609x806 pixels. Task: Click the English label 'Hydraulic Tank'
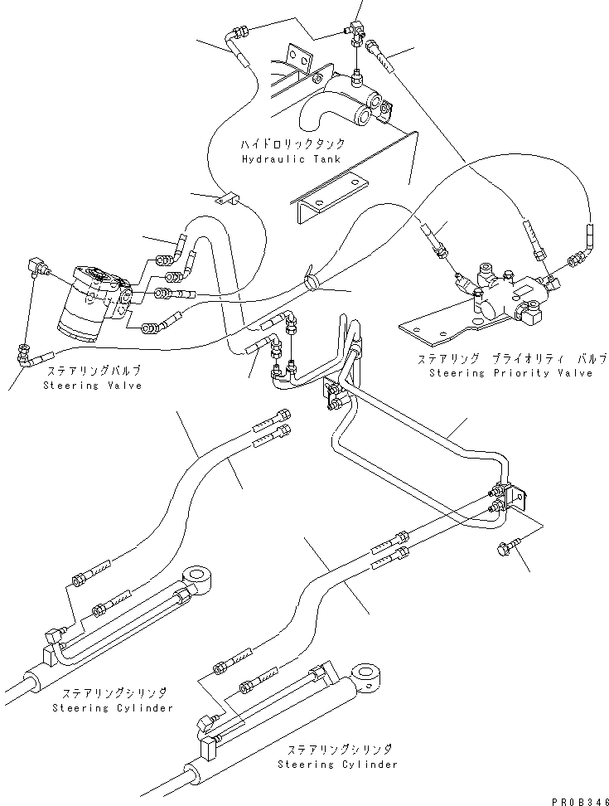coord(291,159)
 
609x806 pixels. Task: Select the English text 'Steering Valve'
coord(93,386)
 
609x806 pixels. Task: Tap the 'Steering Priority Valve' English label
coord(511,372)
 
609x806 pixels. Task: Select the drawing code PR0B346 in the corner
coord(580,801)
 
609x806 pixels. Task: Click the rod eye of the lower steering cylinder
coord(365,676)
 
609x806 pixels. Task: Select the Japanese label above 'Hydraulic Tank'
coord(292,144)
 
